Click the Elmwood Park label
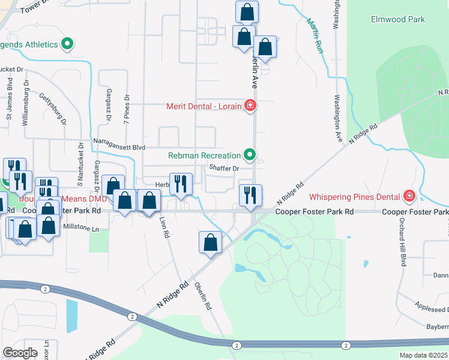point(398,20)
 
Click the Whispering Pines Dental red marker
point(409,196)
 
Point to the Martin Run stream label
point(315,36)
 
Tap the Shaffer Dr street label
point(224,169)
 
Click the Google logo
point(20,352)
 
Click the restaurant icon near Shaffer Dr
point(181,184)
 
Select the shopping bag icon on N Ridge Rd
point(210,242)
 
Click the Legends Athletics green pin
point(67,44)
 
